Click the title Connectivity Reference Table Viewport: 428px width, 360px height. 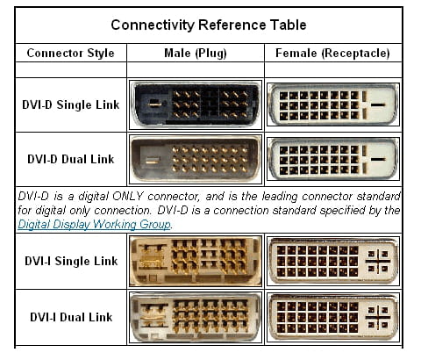209,25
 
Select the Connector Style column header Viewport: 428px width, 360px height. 70,53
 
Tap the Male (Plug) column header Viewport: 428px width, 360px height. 196,53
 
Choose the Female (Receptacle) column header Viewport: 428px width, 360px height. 332,53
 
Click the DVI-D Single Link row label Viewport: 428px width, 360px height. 71,104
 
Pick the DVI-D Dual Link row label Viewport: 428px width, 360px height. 71,159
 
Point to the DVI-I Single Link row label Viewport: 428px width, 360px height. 71,261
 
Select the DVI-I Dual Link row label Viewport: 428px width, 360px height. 71,317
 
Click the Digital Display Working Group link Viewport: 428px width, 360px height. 94,224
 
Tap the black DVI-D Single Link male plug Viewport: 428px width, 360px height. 196,105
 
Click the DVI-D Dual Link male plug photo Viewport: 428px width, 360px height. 196,159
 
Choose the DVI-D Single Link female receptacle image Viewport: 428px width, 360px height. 333,105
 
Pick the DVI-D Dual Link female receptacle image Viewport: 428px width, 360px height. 333,159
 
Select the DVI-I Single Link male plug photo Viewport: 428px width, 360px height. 196,261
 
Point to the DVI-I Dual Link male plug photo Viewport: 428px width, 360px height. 196,317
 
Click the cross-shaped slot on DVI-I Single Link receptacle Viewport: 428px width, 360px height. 378,261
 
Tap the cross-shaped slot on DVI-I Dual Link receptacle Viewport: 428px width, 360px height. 378,317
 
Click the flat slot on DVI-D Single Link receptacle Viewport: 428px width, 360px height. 378,104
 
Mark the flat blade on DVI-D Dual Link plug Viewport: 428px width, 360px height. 153,160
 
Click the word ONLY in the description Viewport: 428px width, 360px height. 127,196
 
